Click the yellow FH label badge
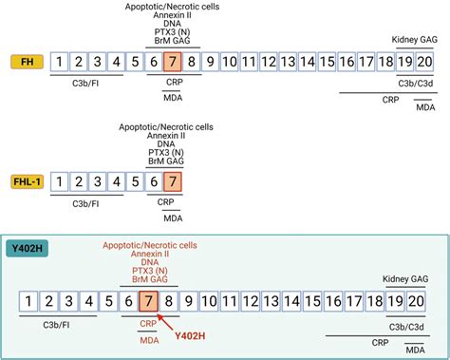24,63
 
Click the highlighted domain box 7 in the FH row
172,63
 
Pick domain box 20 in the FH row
425,63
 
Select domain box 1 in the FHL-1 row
60,180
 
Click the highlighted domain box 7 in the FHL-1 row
172,180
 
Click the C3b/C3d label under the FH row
414,85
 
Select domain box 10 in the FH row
228,63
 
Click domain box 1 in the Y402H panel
29,302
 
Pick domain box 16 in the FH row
347,63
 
